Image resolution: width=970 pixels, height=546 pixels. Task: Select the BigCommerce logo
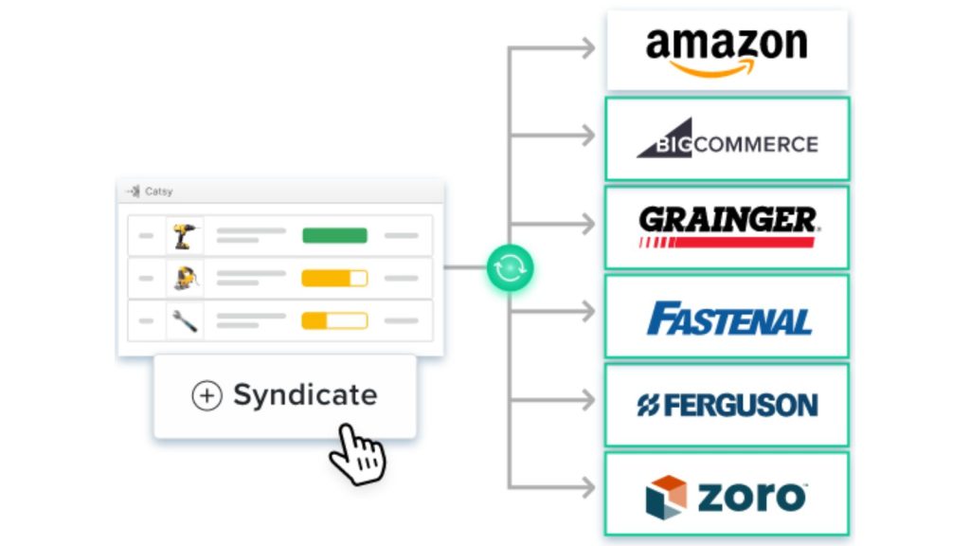727,139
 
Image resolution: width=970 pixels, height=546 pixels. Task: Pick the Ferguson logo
727,406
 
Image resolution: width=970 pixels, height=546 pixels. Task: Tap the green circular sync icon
511,268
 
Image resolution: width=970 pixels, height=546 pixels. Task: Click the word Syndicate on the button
305,395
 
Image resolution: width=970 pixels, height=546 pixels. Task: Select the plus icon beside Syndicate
207,396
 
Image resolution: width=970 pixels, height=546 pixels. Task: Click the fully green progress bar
334,235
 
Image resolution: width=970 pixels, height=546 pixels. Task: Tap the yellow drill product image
185,235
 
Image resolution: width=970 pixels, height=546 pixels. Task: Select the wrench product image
185,320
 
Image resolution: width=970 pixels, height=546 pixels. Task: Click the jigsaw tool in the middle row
185,278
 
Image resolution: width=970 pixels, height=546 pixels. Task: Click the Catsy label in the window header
158,191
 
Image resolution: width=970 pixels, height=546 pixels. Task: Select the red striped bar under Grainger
727,243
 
